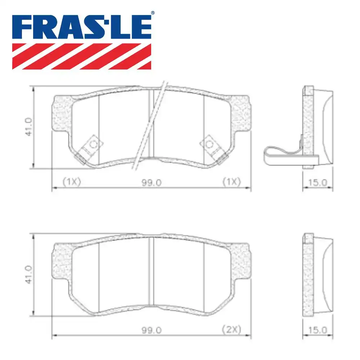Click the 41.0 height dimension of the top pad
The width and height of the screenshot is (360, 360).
tap(29, 127)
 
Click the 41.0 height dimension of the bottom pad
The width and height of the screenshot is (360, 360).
tap(29, 275)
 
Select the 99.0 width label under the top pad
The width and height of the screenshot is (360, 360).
tap(152, 183)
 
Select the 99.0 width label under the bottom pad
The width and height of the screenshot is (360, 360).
tap(152, 330)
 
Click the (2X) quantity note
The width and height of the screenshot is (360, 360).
tap(231, 329)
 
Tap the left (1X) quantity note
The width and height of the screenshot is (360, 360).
tap(71, 182)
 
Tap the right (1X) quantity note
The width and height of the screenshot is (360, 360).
tap(231, 182)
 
